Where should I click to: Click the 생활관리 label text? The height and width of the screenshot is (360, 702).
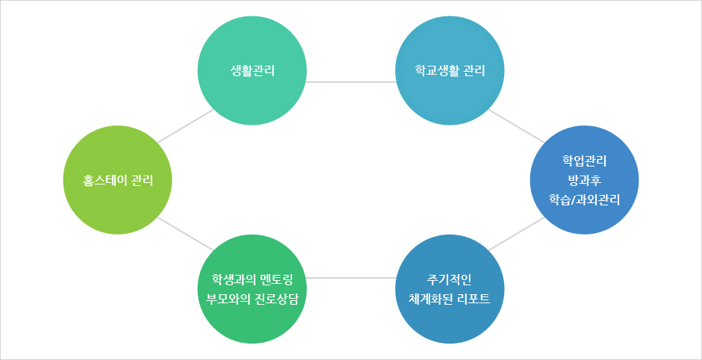pyautogui.click(x=252, y=71)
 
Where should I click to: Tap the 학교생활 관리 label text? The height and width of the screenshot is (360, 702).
pyautogui.click(x=450, y=71)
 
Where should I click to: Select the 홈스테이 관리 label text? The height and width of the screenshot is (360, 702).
pyautogui.click(x=118, y=181)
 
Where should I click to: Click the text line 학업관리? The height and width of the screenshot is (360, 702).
pyautogui.click(x=584, y=160)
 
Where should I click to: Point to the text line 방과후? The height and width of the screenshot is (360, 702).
pyautogui.click(x=584, y=180)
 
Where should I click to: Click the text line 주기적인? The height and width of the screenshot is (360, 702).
pyautogui.click(x=450, y=280)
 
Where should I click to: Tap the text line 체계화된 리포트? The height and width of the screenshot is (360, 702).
pyautogui.click(x=450, y=300)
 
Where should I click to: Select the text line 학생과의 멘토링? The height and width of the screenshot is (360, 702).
pyautogui.click(x=252, y=280)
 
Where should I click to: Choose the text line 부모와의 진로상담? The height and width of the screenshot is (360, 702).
pyautogui.click(x=252, y=300)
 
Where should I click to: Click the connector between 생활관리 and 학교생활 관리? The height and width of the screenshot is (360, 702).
pyautogui.click(x=351, y=82)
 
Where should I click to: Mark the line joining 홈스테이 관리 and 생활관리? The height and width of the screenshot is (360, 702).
pyautogui.click(x=186, y=125)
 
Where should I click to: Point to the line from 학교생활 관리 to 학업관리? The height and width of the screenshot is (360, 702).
pyautogui.click(x=517, y=125)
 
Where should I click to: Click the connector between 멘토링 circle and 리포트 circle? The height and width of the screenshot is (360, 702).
pyautogui.click(x=351, y=278)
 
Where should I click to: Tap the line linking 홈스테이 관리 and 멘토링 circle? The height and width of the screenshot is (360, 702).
pyautogui.click(x=186, y=234)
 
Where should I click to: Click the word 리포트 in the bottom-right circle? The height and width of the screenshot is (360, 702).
pyautogui.click(x=474, y=300)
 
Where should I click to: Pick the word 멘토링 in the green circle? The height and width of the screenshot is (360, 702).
pyautogui.click(x=276, y=280)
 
